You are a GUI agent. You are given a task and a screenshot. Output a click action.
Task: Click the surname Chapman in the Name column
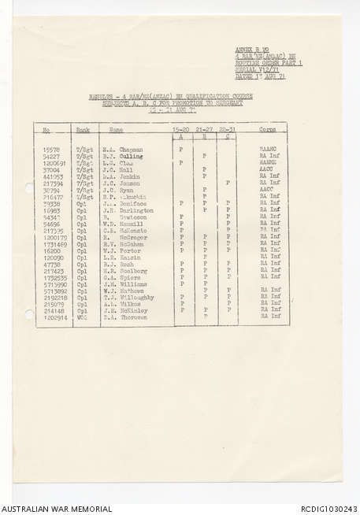[x=132, y=150]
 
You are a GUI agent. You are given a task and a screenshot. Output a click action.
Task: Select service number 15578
[x=52, y=150]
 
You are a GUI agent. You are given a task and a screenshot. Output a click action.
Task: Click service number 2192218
[x=54, y=298]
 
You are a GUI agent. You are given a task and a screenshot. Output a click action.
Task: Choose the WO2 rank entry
[x=81, y=317]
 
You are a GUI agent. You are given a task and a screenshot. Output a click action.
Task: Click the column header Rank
[x=83, y=129]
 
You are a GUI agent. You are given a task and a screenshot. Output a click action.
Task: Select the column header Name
[x=116, y=129]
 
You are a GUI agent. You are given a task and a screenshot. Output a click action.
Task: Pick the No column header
[x=46, y=129]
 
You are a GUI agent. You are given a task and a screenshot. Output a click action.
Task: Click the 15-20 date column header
[x=181, y=128]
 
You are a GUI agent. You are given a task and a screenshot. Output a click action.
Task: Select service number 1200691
[x=54, y=162]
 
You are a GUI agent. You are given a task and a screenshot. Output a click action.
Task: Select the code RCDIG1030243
[x=328, y=508]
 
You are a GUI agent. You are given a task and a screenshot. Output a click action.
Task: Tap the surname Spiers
[x=131, y=276]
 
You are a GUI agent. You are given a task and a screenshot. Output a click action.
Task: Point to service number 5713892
[x=54, y=291]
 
